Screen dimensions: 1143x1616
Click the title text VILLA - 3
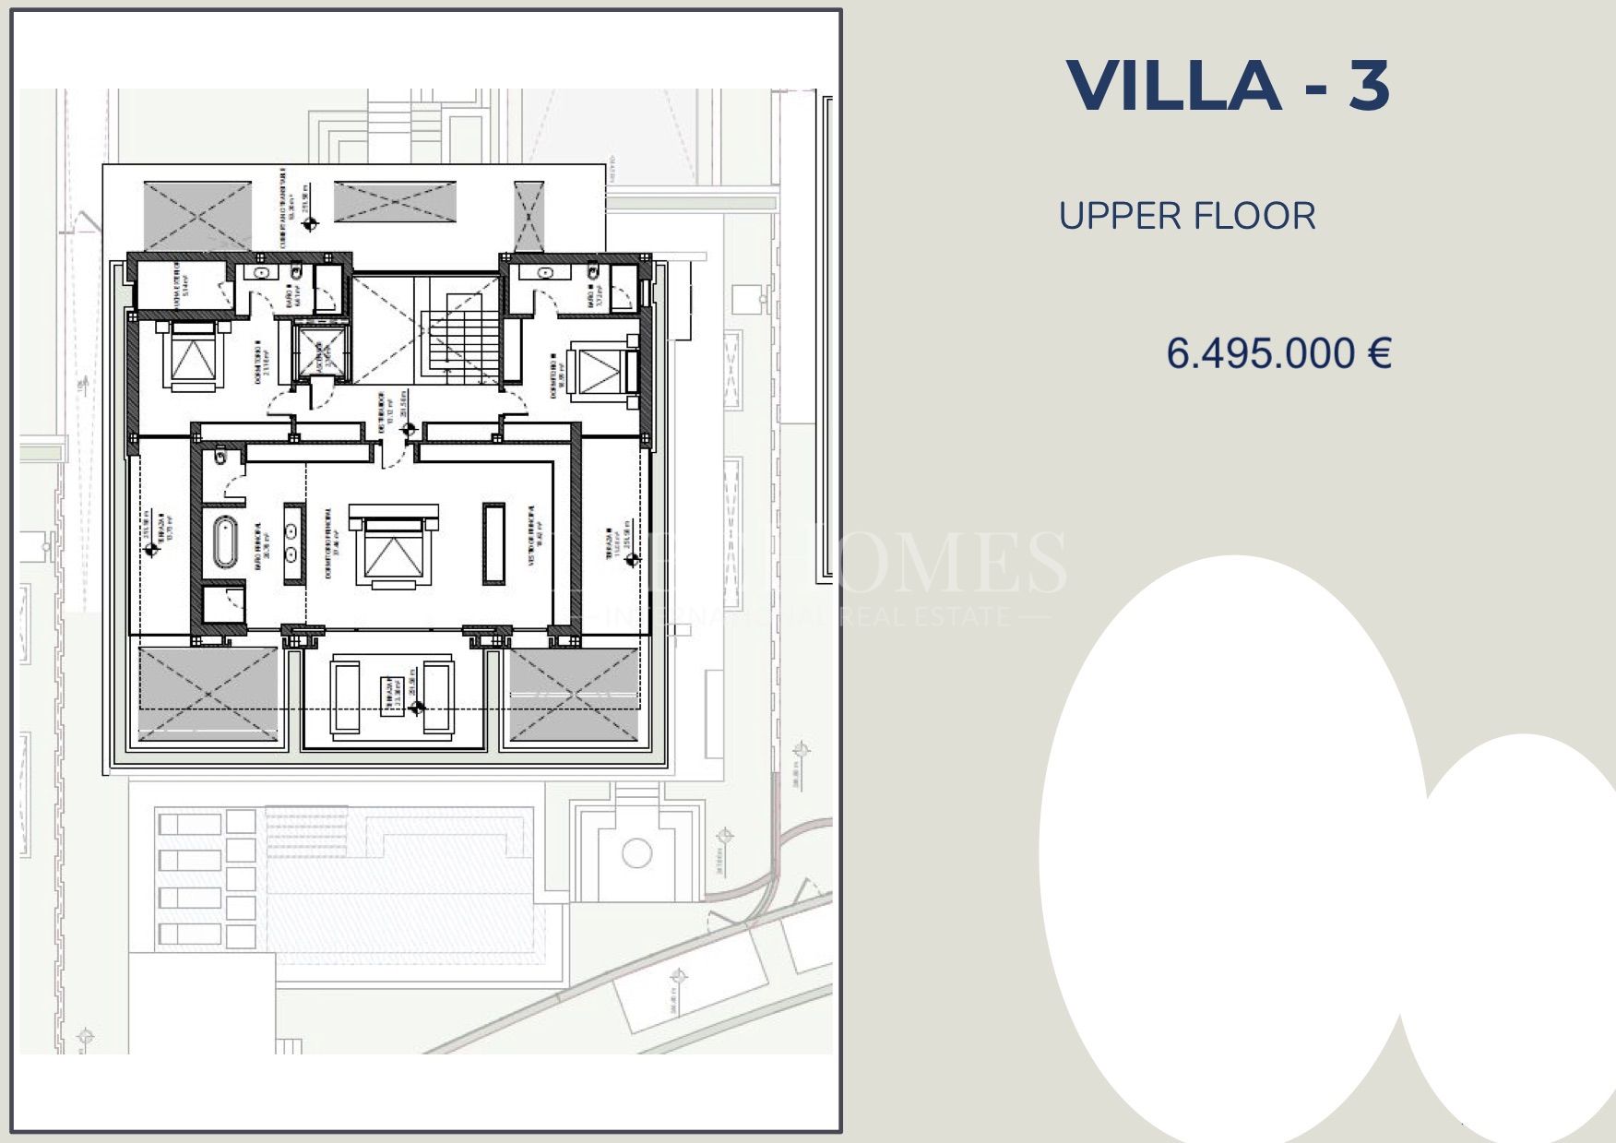(1228, 86)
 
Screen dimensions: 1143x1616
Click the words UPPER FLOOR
(1186, 216)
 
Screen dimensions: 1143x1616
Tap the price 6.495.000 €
(1278, 352)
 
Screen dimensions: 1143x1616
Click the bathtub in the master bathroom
(224, 542)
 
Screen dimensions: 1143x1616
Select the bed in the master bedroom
(392, 547)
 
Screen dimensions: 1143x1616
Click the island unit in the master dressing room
(494, 543)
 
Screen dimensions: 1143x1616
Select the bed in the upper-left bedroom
(192, 356)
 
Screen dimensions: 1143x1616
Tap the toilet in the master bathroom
(221, 456)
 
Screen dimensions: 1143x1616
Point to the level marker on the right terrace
(632, 559)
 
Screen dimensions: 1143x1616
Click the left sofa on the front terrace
(346, 697)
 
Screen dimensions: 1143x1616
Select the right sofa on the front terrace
(437, 697)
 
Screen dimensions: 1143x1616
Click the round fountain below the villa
(636, 852)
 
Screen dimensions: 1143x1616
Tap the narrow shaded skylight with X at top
(529, 216)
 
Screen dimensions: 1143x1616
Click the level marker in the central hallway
(409, 430)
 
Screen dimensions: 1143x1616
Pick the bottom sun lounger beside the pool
(189, 934)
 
